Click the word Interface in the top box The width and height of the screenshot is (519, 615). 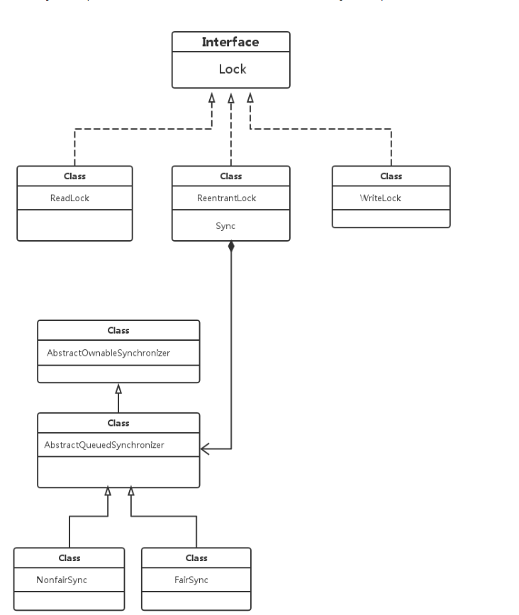point(230,42)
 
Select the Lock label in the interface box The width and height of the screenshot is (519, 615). point(233,69)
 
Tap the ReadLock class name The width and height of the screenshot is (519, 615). point(69,198)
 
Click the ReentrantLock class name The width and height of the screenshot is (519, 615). point(226,198)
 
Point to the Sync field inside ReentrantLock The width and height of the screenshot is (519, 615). point(225,226)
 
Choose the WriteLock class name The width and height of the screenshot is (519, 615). point(381,198)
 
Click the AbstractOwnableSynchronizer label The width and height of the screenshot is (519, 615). point(108,353)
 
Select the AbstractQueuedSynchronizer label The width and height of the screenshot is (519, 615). point(104,445)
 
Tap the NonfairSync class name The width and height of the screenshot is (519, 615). point(62,580)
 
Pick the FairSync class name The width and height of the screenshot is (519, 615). point(191,580)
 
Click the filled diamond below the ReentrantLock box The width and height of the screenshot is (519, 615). point(231,247)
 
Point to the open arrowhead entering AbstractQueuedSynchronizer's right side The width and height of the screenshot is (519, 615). point(205,448)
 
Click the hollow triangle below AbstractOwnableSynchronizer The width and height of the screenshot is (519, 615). point(118,389)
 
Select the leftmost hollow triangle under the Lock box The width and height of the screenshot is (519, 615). point(212,98)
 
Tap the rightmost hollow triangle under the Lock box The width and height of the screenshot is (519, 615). point(250,98)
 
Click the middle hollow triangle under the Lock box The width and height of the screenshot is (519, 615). point(231,98)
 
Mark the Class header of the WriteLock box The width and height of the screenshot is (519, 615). point(391,176)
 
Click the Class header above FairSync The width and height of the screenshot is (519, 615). point(196,558)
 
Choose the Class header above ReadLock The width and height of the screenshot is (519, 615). point(74,176)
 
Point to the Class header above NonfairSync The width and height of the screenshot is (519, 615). point(69,558)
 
